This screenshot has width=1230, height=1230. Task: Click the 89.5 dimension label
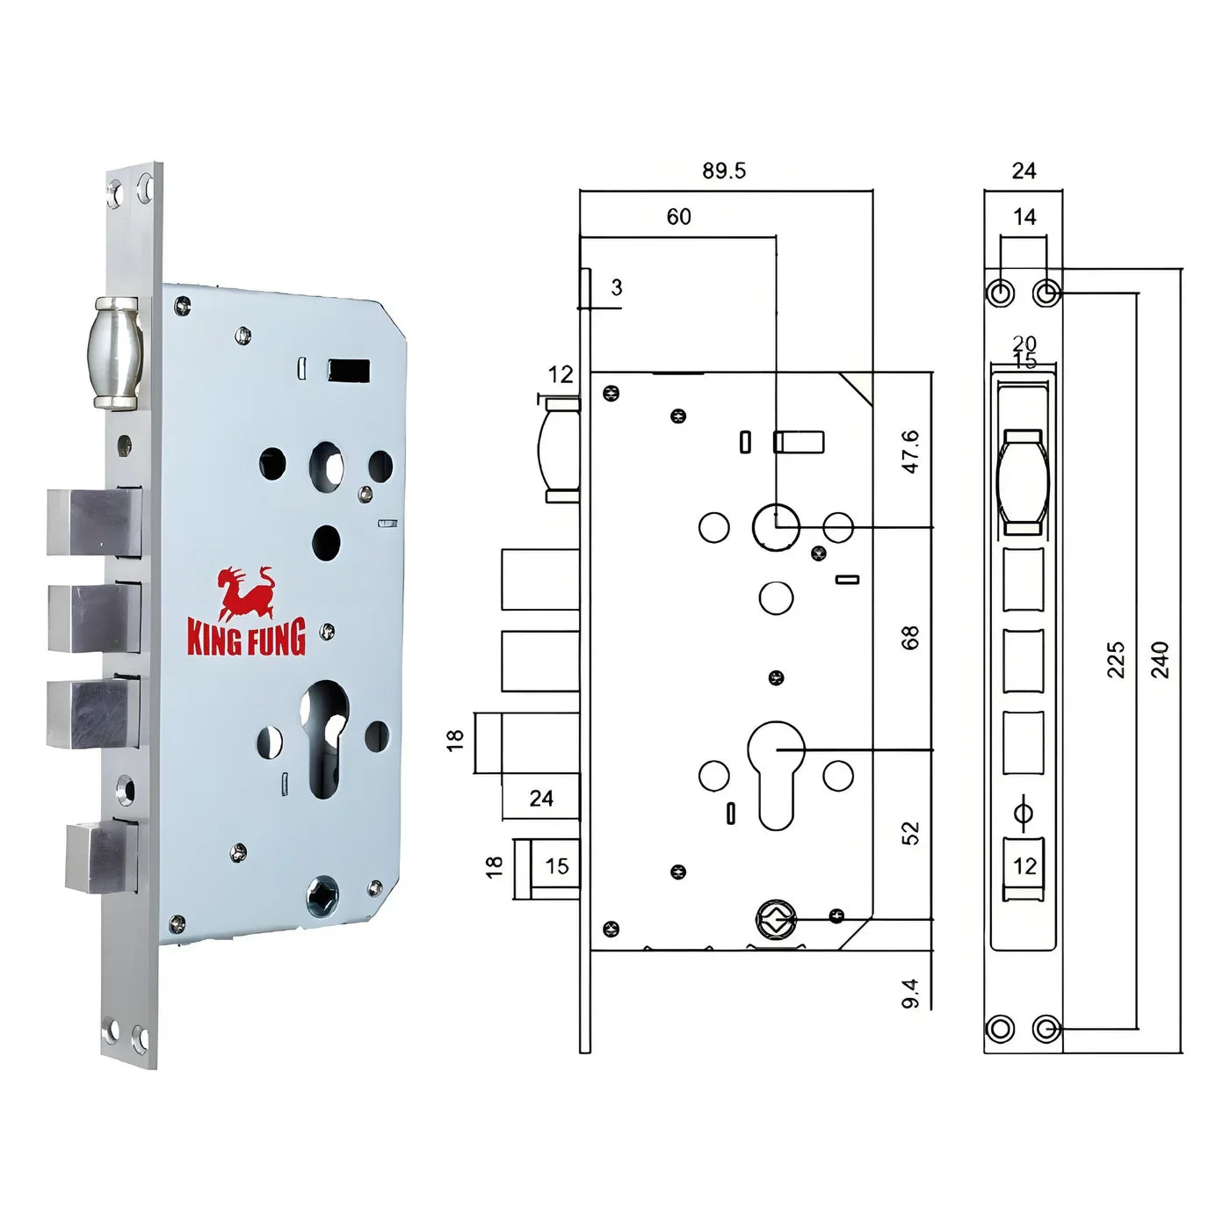tap(723, 170)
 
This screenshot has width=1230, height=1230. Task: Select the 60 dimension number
tap(678, 217)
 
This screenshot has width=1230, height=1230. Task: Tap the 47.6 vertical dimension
tap(911, 452)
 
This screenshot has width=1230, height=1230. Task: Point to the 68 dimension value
tap(910, 638)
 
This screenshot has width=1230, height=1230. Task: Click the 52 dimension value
tap(910, 833)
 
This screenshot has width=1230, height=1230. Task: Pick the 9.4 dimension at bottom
tap(910, 993)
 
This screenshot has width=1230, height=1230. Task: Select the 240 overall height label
tap(1160, 660)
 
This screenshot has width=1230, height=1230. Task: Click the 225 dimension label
tap(1115, 660)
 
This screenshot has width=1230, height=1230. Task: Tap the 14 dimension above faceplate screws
tap(1024, 217)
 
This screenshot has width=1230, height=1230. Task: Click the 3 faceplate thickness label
tap(617, 287)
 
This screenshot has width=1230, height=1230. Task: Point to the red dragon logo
tap(246, 593)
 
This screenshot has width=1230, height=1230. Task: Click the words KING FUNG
tap(246, 638)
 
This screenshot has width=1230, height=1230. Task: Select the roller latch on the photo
tap(115, 352)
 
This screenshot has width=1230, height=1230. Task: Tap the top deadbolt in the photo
tap(94, 524)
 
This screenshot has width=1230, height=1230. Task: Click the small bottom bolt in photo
tap(100, 856)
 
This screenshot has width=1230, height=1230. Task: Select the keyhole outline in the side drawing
tap(776, 773)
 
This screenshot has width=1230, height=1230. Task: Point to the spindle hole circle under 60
tap(776, 527)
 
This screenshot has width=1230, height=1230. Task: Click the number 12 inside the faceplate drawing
tap(1024, 866)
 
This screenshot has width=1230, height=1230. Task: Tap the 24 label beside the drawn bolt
tap(541, 798)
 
